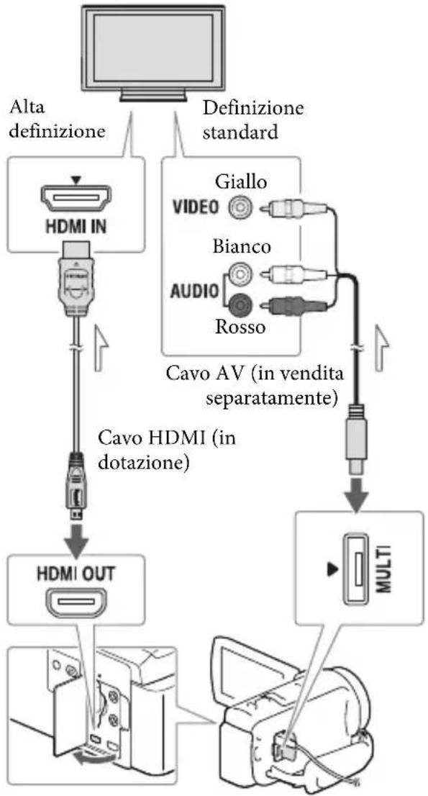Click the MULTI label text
tap(386, 561)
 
